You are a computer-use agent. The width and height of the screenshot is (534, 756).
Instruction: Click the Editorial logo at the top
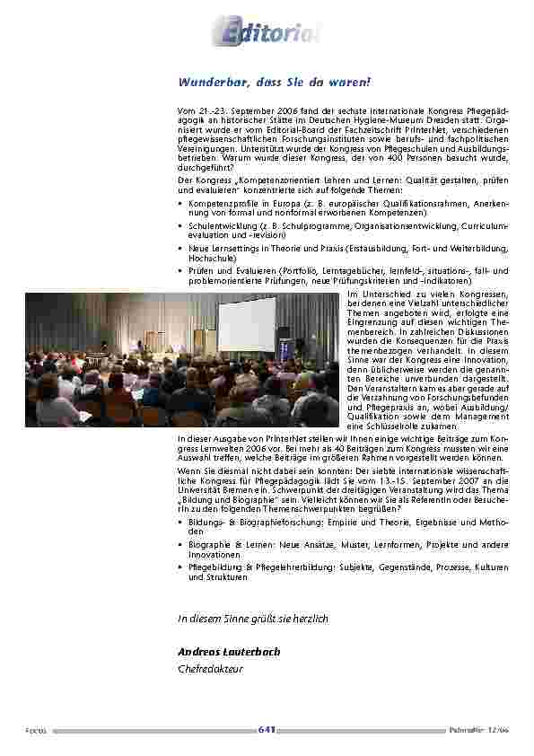266,33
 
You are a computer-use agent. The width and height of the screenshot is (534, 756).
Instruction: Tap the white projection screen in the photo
247,323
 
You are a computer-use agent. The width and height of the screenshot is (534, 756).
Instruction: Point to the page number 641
266,731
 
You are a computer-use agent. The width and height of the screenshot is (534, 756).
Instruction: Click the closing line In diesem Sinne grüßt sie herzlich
253,619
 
